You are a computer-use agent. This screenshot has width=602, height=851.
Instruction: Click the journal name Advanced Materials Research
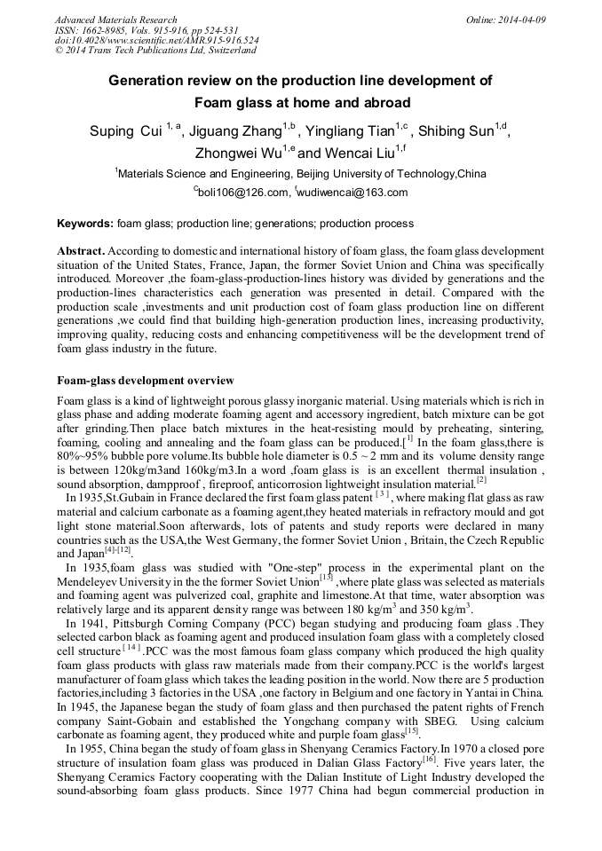[115, 20]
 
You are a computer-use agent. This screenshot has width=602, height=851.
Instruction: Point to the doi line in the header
[157, 41]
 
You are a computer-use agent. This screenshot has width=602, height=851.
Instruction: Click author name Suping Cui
[125, 132]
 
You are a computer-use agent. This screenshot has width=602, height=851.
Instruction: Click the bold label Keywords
[84, 224]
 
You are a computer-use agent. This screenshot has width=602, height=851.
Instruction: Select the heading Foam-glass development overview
[145, 381]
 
